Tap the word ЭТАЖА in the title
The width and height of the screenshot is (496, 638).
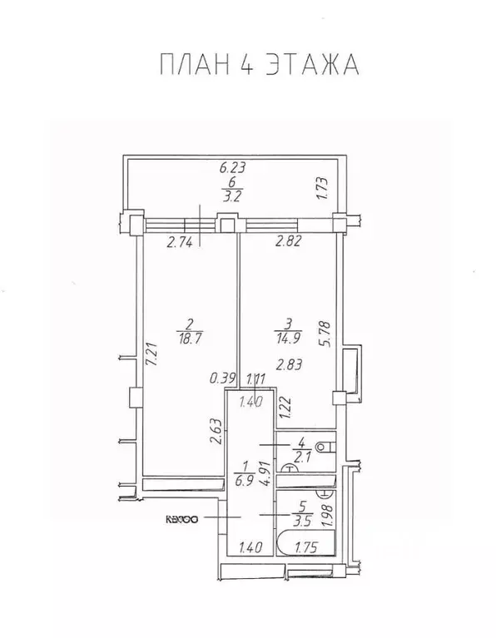[x=315, y=64]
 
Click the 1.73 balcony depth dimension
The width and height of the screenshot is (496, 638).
[x=320, y=189]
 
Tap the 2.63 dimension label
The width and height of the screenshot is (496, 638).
[x=214, y=433]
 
